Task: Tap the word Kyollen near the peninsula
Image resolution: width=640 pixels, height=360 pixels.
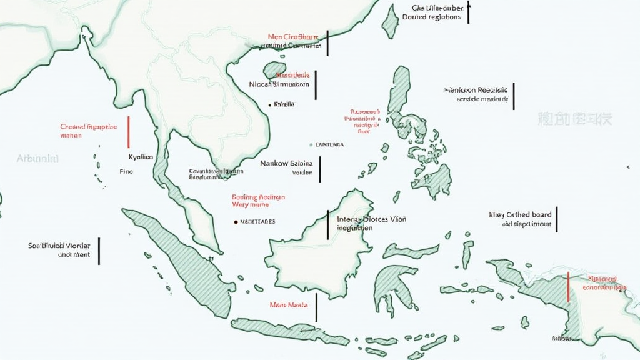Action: pos(140,157)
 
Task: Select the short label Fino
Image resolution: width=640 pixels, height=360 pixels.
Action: pos(126,171)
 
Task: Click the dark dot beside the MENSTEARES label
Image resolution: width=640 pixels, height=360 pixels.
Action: pos(235,221)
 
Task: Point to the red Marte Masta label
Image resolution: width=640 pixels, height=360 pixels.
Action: pos(286,305)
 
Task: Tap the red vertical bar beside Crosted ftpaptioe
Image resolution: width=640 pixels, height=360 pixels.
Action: pos(128,131)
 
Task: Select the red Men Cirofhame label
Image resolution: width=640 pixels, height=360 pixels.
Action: pos(292,37)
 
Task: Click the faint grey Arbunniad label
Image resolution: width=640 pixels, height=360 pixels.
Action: pos(37,159)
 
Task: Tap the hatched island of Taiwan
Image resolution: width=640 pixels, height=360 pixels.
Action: pos(390,22)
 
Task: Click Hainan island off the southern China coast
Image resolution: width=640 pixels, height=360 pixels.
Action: pos(274,69)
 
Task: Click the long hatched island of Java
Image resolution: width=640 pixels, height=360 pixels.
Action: pos(287,330)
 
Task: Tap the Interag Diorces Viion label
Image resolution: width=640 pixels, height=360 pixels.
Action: pos(371,219)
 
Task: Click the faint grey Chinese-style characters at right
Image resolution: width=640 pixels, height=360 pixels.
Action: pos(574,118)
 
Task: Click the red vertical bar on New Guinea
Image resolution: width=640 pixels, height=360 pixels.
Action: pos(568,287)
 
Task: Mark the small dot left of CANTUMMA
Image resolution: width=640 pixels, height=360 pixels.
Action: pos(311,144)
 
